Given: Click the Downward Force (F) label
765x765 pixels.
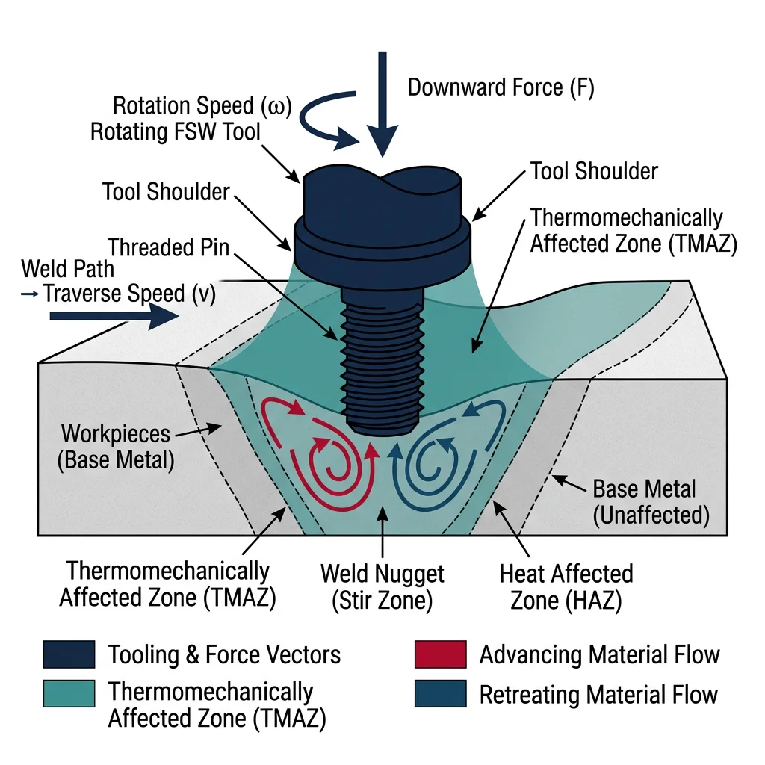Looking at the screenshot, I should coord(500,87).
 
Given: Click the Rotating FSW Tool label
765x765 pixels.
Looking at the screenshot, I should coord(176,132).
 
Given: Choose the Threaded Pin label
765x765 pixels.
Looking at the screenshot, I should coord(168,246).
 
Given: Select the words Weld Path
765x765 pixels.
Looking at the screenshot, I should coord(68,268).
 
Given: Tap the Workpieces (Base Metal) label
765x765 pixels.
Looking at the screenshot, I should coord(116,446).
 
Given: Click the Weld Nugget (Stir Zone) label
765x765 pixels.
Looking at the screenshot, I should coord(382,587).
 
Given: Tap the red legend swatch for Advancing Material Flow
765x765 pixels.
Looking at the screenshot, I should coord(440,654).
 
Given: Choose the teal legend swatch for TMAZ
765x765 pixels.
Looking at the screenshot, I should coord(69,694).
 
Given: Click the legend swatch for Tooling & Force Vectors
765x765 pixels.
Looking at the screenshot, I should coord(69,654).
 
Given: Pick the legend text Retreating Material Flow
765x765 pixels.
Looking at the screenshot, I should coord(598,694).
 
